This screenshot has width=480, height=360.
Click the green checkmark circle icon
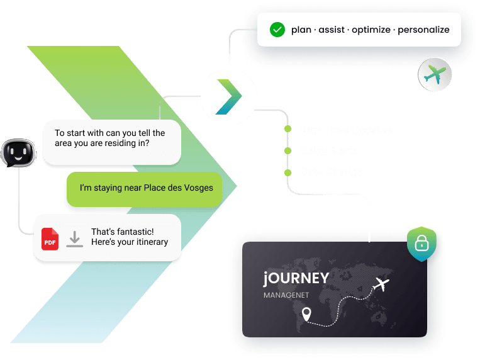(x=277, y=29)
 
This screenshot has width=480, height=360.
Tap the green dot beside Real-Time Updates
(x=287, y=130)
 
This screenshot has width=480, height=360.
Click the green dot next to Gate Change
(x=287, y=172)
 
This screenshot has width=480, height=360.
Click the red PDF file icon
(x=50, y=239)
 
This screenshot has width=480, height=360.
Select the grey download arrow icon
(x=75, y=239)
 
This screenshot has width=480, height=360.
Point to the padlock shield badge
(x=421, y=244)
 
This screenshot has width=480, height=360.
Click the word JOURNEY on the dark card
(x=296, y=278)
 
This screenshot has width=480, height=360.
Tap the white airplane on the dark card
(x=381, y=284)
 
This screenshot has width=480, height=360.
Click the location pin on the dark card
(x=306, y=313)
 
